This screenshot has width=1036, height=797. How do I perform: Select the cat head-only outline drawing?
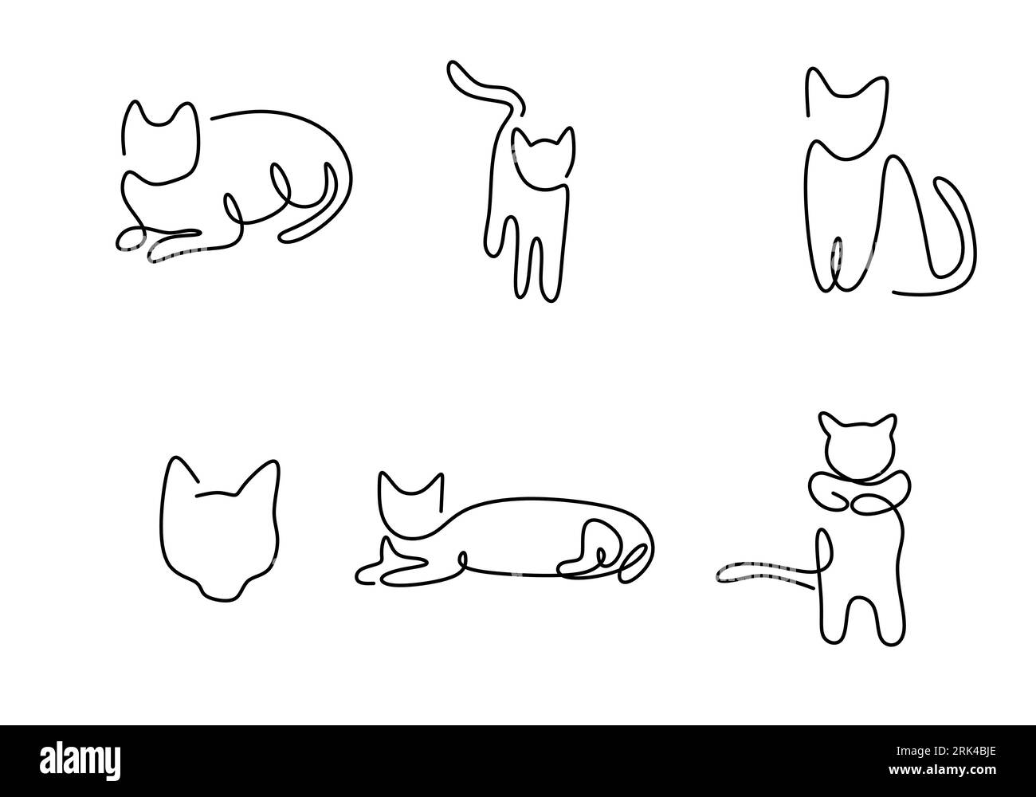221,527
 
